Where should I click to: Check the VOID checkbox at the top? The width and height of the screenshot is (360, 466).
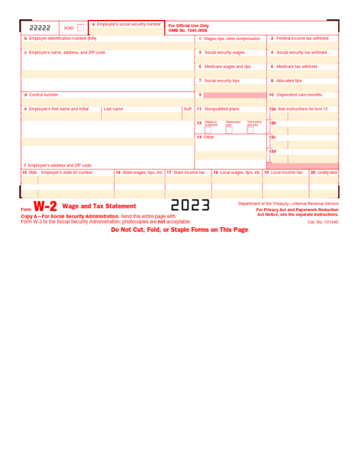pyautogui.click(x=81, y=28)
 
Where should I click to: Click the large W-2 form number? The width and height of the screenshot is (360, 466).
pyautogui.click(x=45, y=207)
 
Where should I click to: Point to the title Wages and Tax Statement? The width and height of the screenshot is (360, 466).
pyautogui.click(x=99, y=207)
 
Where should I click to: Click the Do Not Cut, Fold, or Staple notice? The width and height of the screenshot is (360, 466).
pyautogui.click(x=180, y=230)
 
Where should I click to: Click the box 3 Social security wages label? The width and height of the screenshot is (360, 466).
pyautogui.click(x=224, y=52)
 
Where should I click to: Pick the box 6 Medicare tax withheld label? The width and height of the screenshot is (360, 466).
pyautogui.click(x=297, y=66)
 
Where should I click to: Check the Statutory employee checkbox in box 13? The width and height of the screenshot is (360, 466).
pyautogui.click(x=208, y=130)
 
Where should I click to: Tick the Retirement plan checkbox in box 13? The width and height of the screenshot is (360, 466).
pyautogui.click(x=229, y=130)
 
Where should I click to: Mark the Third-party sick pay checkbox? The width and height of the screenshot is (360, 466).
pyautogui.click(x=250, y=130)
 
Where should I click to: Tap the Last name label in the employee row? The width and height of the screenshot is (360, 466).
pyautogui.click(x=113, y=109)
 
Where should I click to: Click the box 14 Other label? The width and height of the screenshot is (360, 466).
pyautogui.click(x=209, y=137)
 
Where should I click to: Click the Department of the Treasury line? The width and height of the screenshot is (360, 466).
pyautogui.click(x=288, y=204)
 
